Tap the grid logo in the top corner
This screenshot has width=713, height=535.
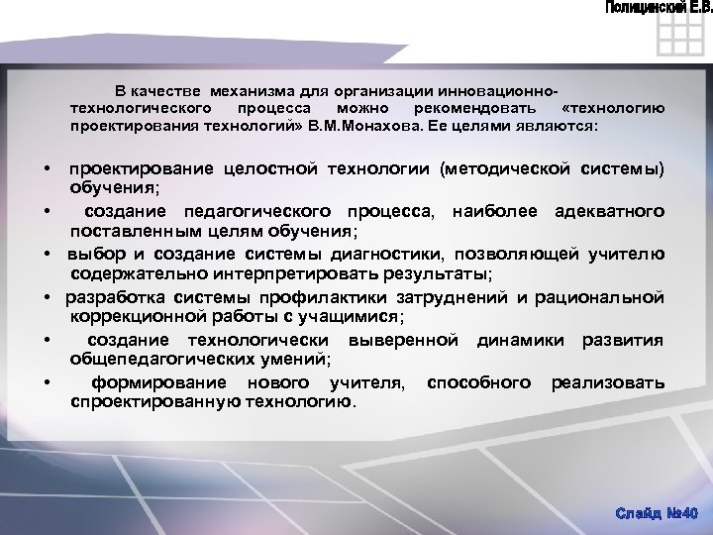(679, 42)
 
